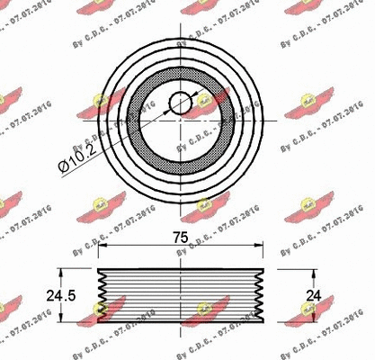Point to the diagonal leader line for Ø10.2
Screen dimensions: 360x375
coord(126,135)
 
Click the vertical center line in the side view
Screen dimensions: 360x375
coord(182,294)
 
